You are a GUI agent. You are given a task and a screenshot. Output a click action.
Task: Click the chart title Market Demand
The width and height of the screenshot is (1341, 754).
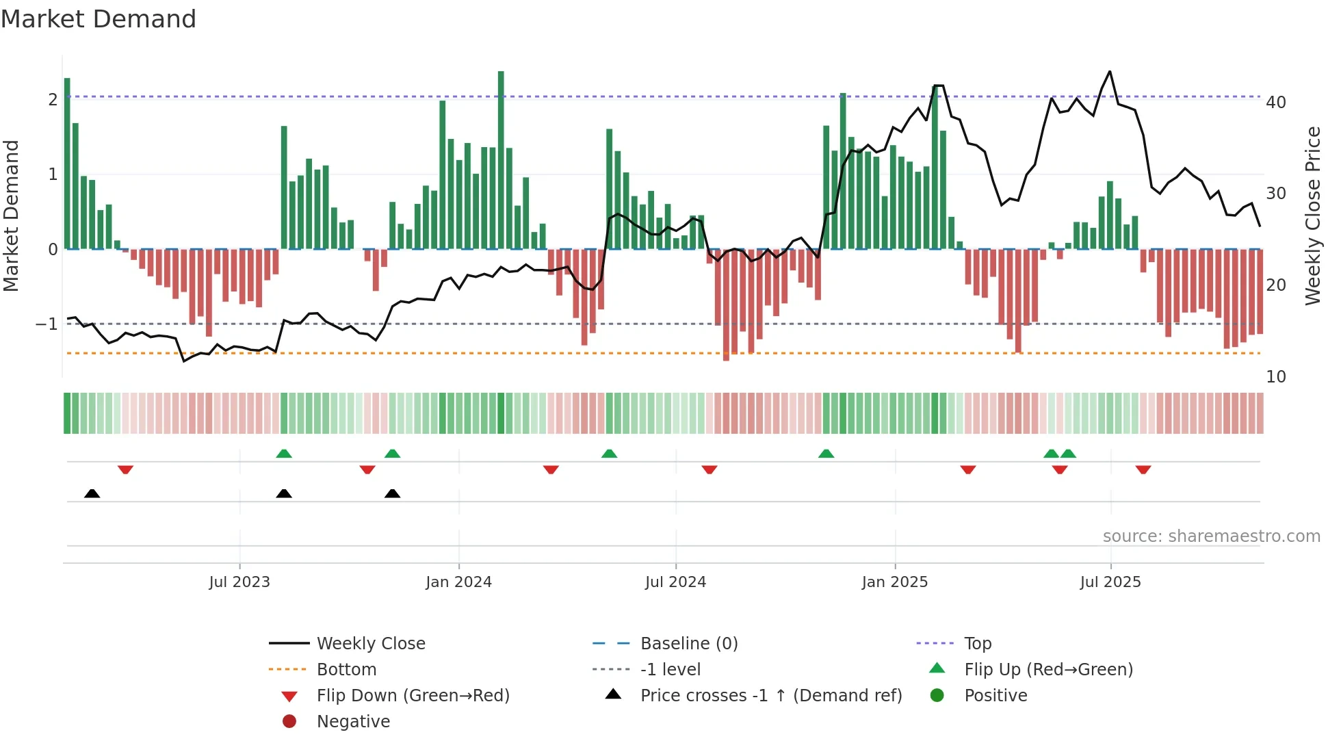(99, 19)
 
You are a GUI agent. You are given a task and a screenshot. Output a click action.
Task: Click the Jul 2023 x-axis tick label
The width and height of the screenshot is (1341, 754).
(239, 582)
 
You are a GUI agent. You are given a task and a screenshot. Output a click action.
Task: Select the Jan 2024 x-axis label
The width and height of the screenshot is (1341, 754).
(458, 582)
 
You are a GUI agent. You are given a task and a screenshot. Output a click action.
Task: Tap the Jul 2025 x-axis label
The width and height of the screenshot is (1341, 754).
(1110, 582)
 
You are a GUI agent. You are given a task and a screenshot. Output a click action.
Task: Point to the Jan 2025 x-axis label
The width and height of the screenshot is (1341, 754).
(895, 582)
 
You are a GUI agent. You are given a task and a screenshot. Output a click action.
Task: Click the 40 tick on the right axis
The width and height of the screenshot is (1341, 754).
(1276, 103)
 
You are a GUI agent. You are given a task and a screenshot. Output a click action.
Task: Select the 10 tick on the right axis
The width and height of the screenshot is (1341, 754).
(1276, 377)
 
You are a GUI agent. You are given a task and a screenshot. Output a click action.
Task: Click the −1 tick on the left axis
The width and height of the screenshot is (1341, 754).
(47, 324)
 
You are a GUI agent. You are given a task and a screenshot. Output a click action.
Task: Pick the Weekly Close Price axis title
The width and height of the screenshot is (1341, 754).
(1313, 216)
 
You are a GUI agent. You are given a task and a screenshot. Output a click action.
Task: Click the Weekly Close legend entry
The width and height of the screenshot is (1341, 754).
(370, 644)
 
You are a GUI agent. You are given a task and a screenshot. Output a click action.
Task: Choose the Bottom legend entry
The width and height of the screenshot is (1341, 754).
(346, 670)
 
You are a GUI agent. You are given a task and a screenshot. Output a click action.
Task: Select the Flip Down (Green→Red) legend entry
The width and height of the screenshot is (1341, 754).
(413, 696)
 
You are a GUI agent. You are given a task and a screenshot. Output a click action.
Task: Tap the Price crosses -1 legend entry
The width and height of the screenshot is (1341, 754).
(770, 696)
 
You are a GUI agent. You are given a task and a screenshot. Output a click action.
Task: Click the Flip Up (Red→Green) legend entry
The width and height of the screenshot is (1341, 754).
(1048, 670)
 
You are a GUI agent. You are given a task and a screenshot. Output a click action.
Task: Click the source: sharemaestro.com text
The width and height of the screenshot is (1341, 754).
(1211, 536)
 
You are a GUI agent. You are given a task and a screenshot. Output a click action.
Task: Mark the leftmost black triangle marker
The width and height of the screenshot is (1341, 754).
(92, 493)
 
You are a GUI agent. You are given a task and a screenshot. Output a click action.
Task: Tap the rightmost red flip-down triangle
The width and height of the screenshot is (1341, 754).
(1143, 469)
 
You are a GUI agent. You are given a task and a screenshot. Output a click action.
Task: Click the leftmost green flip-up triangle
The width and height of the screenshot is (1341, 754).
(284, 453)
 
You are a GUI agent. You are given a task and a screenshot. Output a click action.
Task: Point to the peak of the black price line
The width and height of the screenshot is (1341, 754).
(1110, 71)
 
